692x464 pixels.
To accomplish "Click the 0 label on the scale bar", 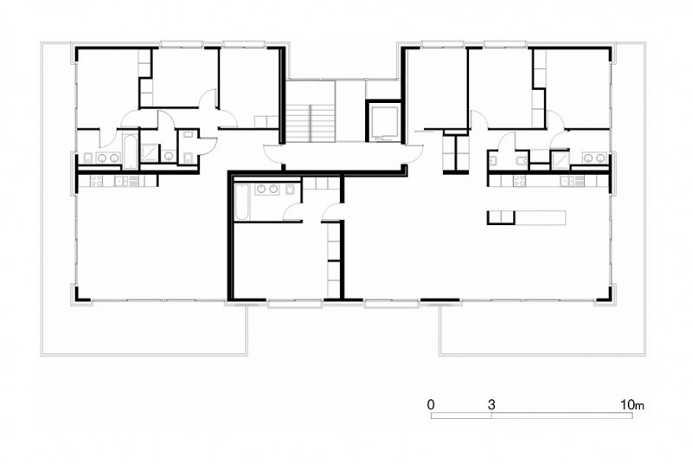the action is (x=431, y=404).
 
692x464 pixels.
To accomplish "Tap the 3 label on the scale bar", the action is (x=491, y=404).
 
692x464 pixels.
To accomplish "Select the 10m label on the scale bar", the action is (x=632, y=404).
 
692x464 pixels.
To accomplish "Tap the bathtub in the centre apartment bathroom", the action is (x=242, y=202).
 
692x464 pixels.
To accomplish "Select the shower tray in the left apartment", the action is (x=150, y=152).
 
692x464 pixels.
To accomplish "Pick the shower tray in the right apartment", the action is (x=560, y=158).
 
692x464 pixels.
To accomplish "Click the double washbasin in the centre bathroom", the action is (x=267, y=189).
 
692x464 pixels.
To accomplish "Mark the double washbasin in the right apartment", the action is (x=594, y=158).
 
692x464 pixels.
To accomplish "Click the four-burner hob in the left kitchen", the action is (x=96, y=181).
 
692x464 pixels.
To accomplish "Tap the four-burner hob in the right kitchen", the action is (x=519, y=181).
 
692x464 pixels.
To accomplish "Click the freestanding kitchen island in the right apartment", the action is (x=527, y=217).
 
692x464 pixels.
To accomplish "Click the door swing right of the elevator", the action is (x=413, y=154).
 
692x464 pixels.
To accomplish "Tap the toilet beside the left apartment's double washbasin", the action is (x=87, y=158).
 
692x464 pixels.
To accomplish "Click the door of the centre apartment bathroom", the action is (x=292, y=211).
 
